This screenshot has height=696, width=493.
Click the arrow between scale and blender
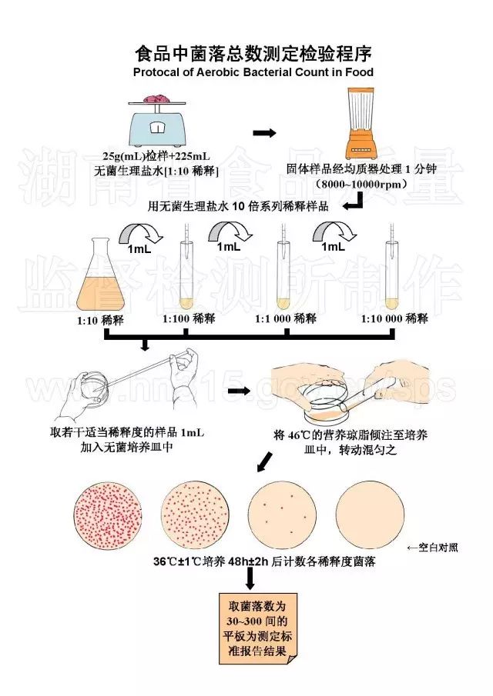265,133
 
